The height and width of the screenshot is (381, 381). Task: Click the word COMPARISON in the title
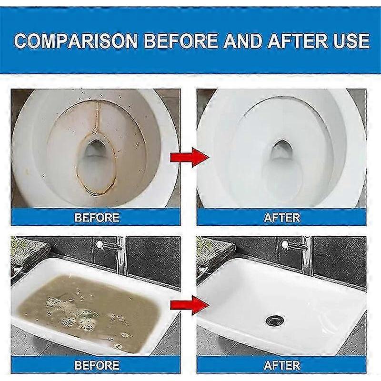click(x=76, y=40)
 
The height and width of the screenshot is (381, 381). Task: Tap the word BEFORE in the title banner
click(x=181, y=40)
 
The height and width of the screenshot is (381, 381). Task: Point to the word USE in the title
click(x=351, y=40)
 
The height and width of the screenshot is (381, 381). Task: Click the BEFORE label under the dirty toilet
click(x=97, y=218)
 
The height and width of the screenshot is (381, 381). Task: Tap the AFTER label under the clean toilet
click(x=282, y=218)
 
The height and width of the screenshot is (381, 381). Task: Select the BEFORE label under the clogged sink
click(x=97, y=365)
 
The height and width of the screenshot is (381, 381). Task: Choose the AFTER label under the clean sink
click(x=282, y=365)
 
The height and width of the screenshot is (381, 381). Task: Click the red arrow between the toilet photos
click(x=190, y=157)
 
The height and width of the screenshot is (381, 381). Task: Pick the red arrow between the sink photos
click(x=190, y=305)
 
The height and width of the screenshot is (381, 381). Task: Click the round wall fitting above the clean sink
click(x=284, y=244)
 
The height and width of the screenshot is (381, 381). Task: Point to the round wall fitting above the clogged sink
click(x=99, y=244)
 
